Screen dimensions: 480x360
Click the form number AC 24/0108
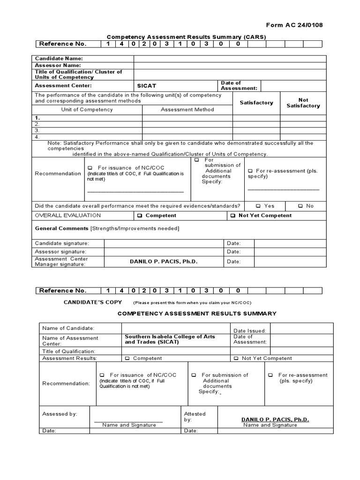pos(294,25)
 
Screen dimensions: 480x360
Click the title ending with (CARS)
pos(186,37)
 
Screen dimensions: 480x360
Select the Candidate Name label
pos(59,59)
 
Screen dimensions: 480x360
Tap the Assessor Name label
pos(58,65)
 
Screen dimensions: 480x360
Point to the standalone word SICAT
pos(147,86)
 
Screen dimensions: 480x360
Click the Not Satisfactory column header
pos(303,103)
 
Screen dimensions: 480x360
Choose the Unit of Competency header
pos(87,110)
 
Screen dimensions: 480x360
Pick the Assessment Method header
pos(187,110)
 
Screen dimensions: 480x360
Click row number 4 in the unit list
pos(37,137)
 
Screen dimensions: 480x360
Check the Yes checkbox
pos(258,206)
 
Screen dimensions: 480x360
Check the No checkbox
pos(300,206)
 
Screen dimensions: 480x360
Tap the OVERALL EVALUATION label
pos(68,216)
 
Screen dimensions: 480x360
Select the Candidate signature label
pos(62,243)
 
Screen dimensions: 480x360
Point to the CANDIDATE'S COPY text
pos(97,302)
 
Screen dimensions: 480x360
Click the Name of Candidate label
pos(68,328)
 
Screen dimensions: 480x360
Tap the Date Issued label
pos(249,331)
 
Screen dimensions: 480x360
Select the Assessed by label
pos(60,414)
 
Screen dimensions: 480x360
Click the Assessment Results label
pos(69,358)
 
